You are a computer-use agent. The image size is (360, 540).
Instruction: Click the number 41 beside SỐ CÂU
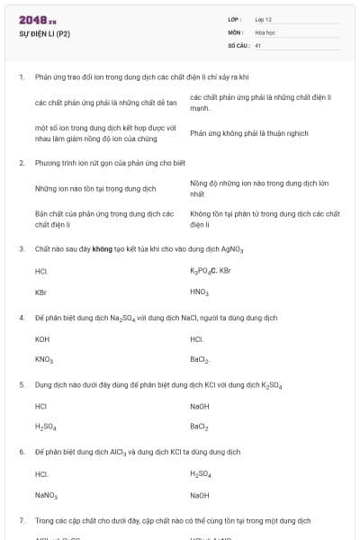point(258,44)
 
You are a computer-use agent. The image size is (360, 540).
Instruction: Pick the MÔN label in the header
point(235,31)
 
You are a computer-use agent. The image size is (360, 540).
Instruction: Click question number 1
point(21,77)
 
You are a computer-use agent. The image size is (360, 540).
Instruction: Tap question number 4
point(21,318)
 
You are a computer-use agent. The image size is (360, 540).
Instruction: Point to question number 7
point(21,520)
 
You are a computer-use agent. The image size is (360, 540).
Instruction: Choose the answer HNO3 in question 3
point(199,292)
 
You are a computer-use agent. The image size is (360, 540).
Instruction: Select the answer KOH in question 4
point(42,339)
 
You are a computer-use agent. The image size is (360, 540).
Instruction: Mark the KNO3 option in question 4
point(44,360)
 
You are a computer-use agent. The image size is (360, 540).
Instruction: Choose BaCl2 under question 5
point(199,427)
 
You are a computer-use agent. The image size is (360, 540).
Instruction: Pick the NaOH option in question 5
point(200,406)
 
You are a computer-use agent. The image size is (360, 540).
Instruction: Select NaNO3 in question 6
point(46,494)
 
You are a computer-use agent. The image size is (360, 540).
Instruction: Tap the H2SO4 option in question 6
point(201,473)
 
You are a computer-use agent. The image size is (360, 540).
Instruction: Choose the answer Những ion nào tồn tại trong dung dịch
point(95,189)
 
